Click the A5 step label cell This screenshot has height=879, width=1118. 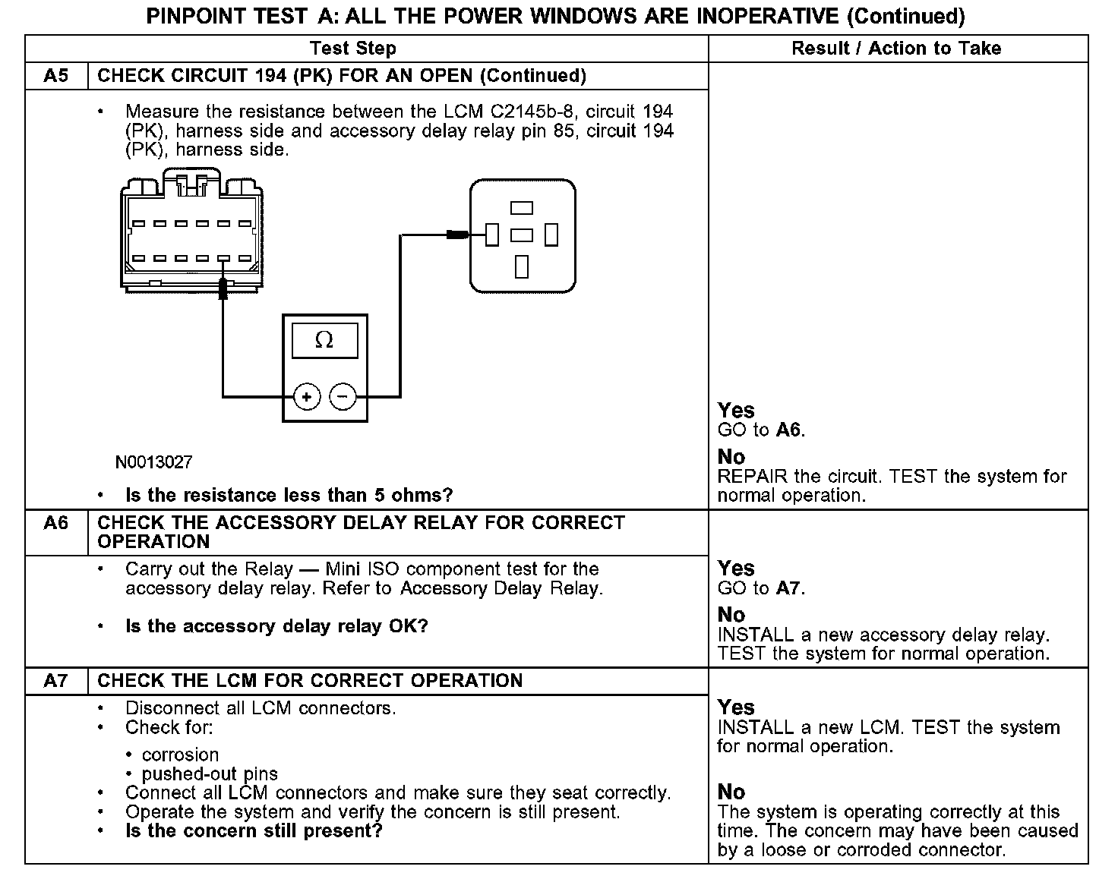click(56, 76)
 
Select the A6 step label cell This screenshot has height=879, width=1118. click(56, 523)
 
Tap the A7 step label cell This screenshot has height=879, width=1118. click(56, 681)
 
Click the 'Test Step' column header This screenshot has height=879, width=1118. click(353, 49)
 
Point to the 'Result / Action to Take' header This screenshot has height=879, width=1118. click(896, 49)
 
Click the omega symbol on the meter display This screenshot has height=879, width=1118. click(324, 341)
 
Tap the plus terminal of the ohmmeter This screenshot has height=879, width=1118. click(307, 396)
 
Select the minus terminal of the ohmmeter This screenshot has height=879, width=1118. click(343, 396)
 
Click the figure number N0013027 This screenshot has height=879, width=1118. click(154, 462)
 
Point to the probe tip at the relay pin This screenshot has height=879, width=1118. click(457, 235)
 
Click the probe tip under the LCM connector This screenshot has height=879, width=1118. click(223, 289)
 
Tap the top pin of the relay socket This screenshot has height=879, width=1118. click(522, 208)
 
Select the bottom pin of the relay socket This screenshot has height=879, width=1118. click(522, 266)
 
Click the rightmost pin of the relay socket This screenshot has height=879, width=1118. click(551, 235)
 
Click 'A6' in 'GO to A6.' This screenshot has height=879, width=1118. click(789, 430)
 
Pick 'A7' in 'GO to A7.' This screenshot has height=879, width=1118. click(789, 588)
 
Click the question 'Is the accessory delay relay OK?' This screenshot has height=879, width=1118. click(276, 627)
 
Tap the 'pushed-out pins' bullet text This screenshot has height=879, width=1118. click(210, 774)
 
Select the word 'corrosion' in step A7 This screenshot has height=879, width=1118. click(180, 755)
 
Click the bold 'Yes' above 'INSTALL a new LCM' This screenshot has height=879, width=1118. click(736, 707)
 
